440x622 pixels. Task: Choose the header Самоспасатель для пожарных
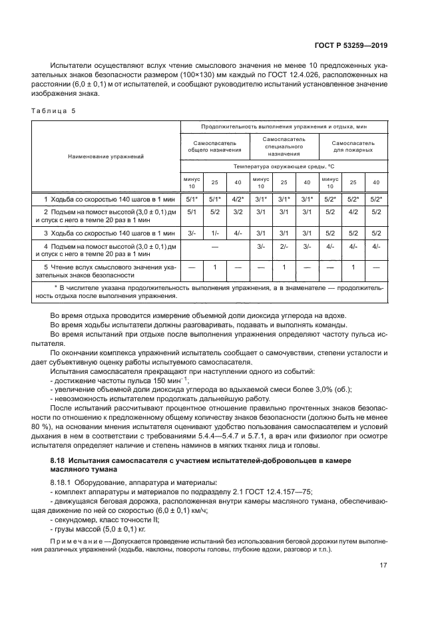coord(353,146)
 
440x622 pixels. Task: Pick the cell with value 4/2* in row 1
coord(237,199)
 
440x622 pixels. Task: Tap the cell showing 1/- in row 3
coord(214,233)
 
